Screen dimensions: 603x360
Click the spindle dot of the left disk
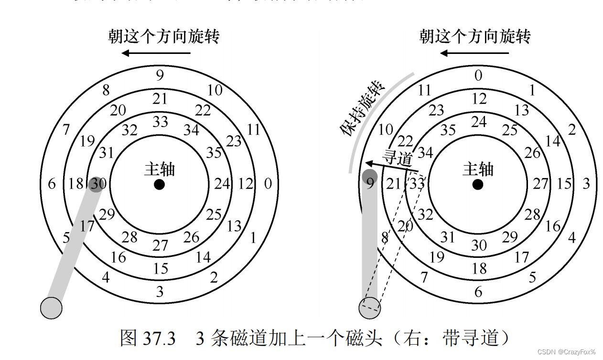coord(159,184)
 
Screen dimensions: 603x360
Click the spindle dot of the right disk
coord(477,184)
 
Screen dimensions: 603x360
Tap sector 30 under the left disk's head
coord(98,184)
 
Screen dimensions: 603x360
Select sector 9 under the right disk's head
coord(370,183)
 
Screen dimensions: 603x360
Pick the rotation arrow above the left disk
coord(156,53)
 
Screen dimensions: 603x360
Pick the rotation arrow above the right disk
coord(474,53)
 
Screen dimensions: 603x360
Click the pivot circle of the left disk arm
coord(51,307)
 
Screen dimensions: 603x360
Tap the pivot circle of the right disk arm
coord(369,307)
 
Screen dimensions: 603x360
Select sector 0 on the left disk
coord(268,184)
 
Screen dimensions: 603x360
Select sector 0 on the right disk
coord(478,75)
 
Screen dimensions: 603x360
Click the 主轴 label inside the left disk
coord(160,169)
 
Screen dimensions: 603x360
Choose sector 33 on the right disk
coord(417,184)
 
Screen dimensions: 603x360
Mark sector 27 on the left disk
coord(160,245)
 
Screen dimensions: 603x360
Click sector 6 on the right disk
coord(478,292)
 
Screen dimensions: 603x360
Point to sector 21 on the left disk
coord(160,99)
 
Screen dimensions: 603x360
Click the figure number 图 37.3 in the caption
coord(148,339)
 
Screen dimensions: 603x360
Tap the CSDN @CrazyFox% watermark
coord(566,352)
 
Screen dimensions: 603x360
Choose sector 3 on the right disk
coord(586,184)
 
